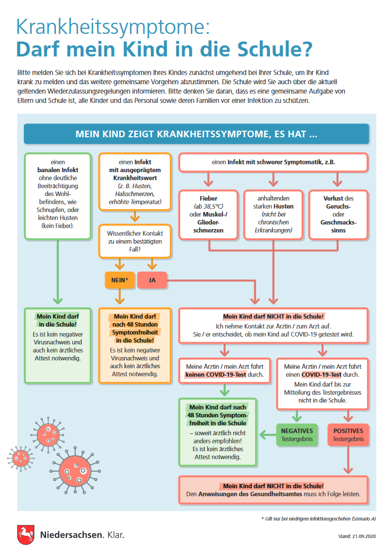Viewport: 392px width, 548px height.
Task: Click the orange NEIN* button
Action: (120, 280)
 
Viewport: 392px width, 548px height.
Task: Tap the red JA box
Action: (152, 280)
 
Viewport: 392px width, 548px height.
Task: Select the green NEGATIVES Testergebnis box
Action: (297, 435)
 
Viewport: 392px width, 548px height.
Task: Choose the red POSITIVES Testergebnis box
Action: (348, 435)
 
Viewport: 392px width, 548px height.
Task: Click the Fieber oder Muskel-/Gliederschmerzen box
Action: (208, 215)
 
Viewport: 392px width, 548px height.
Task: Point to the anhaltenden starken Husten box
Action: (273, 215)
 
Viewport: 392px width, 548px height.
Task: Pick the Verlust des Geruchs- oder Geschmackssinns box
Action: (338, 215)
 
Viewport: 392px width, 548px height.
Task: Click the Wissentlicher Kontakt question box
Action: (135, 241)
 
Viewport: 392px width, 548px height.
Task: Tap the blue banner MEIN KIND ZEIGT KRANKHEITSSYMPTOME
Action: (196, 134)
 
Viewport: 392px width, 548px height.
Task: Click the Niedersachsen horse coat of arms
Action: (26, 534)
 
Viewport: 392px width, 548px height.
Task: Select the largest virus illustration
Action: (75, 471)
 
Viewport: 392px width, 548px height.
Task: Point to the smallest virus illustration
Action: (21, 458)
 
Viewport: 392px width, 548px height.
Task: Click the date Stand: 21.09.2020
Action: (357, 536)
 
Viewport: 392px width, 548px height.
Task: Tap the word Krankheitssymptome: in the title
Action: (113, 27)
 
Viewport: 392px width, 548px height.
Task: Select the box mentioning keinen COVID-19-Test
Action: (225, 371)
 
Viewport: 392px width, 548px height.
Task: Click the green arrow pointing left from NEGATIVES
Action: (268, 435)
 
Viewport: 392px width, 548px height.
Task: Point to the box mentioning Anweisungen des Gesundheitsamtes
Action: (273, 490)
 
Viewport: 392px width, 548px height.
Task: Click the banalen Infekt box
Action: (58, 196)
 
